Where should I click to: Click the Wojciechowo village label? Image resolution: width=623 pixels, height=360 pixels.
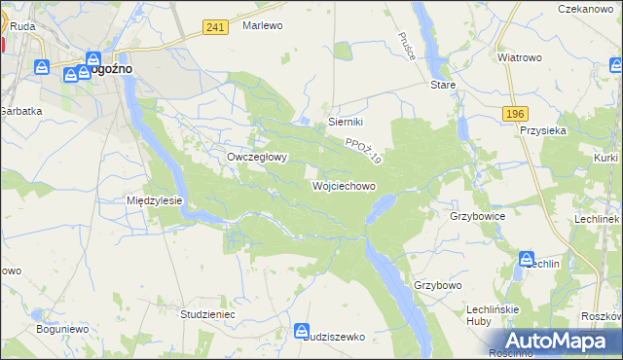(343, 185)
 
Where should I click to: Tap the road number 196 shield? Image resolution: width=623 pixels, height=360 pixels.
(516, 114)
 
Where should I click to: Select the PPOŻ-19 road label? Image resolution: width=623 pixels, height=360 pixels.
(363, 149)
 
